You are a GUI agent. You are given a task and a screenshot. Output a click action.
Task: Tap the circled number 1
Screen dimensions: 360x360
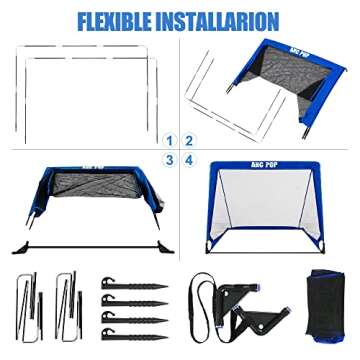pos(170,140)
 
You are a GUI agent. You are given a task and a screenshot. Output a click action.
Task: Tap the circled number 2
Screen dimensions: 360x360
pos(189,140)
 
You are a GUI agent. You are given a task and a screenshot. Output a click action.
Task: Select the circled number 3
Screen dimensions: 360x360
pos(170,159)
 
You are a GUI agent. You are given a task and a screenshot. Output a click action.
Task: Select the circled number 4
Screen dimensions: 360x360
pos(189,159)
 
